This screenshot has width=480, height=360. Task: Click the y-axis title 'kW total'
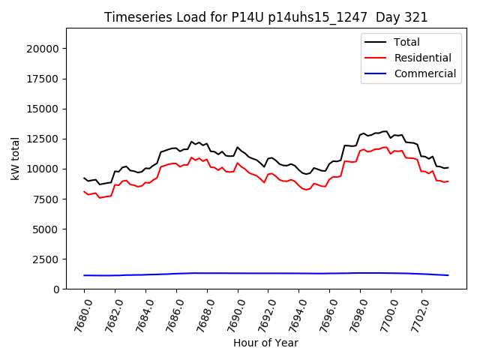(x=15, y=158)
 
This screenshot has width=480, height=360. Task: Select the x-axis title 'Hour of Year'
(x=265, y=343)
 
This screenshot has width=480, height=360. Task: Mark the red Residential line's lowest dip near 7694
(x=307, y=190)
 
